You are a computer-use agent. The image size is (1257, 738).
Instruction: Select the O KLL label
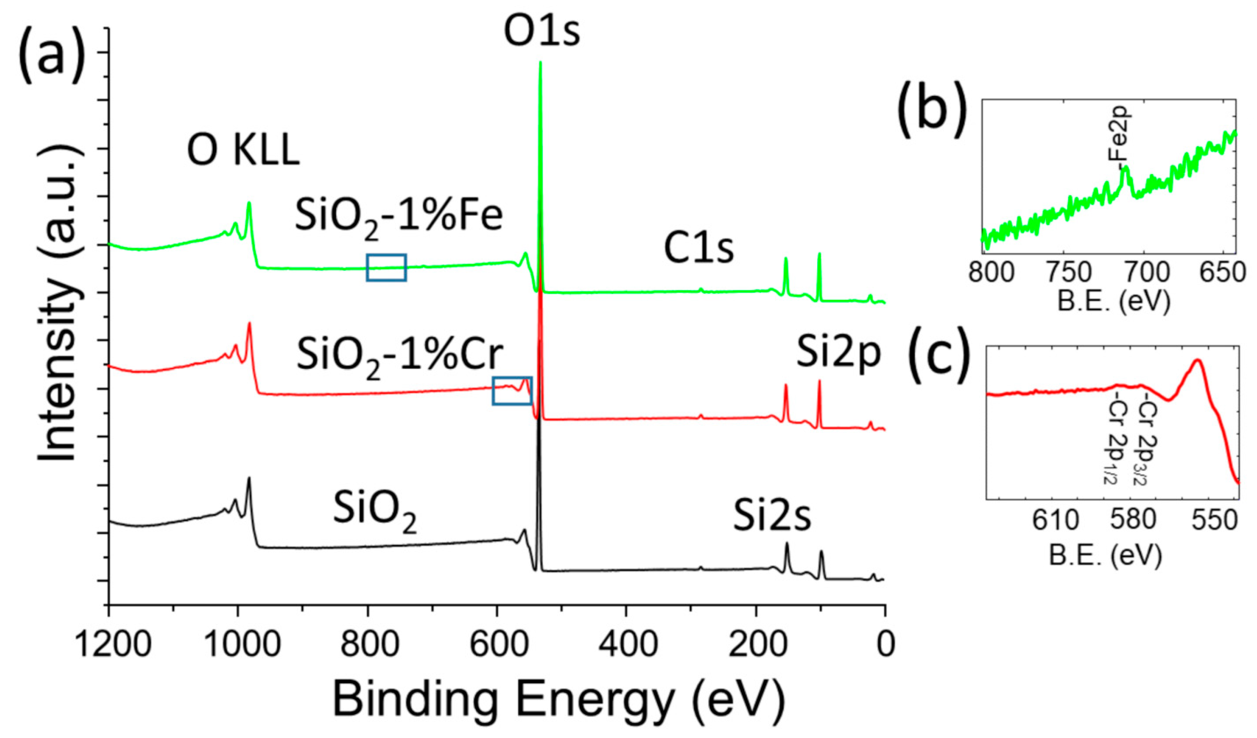(243, 150)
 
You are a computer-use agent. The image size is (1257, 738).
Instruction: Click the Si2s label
(772, 516)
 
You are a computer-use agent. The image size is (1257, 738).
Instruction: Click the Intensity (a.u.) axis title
(59, 305)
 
